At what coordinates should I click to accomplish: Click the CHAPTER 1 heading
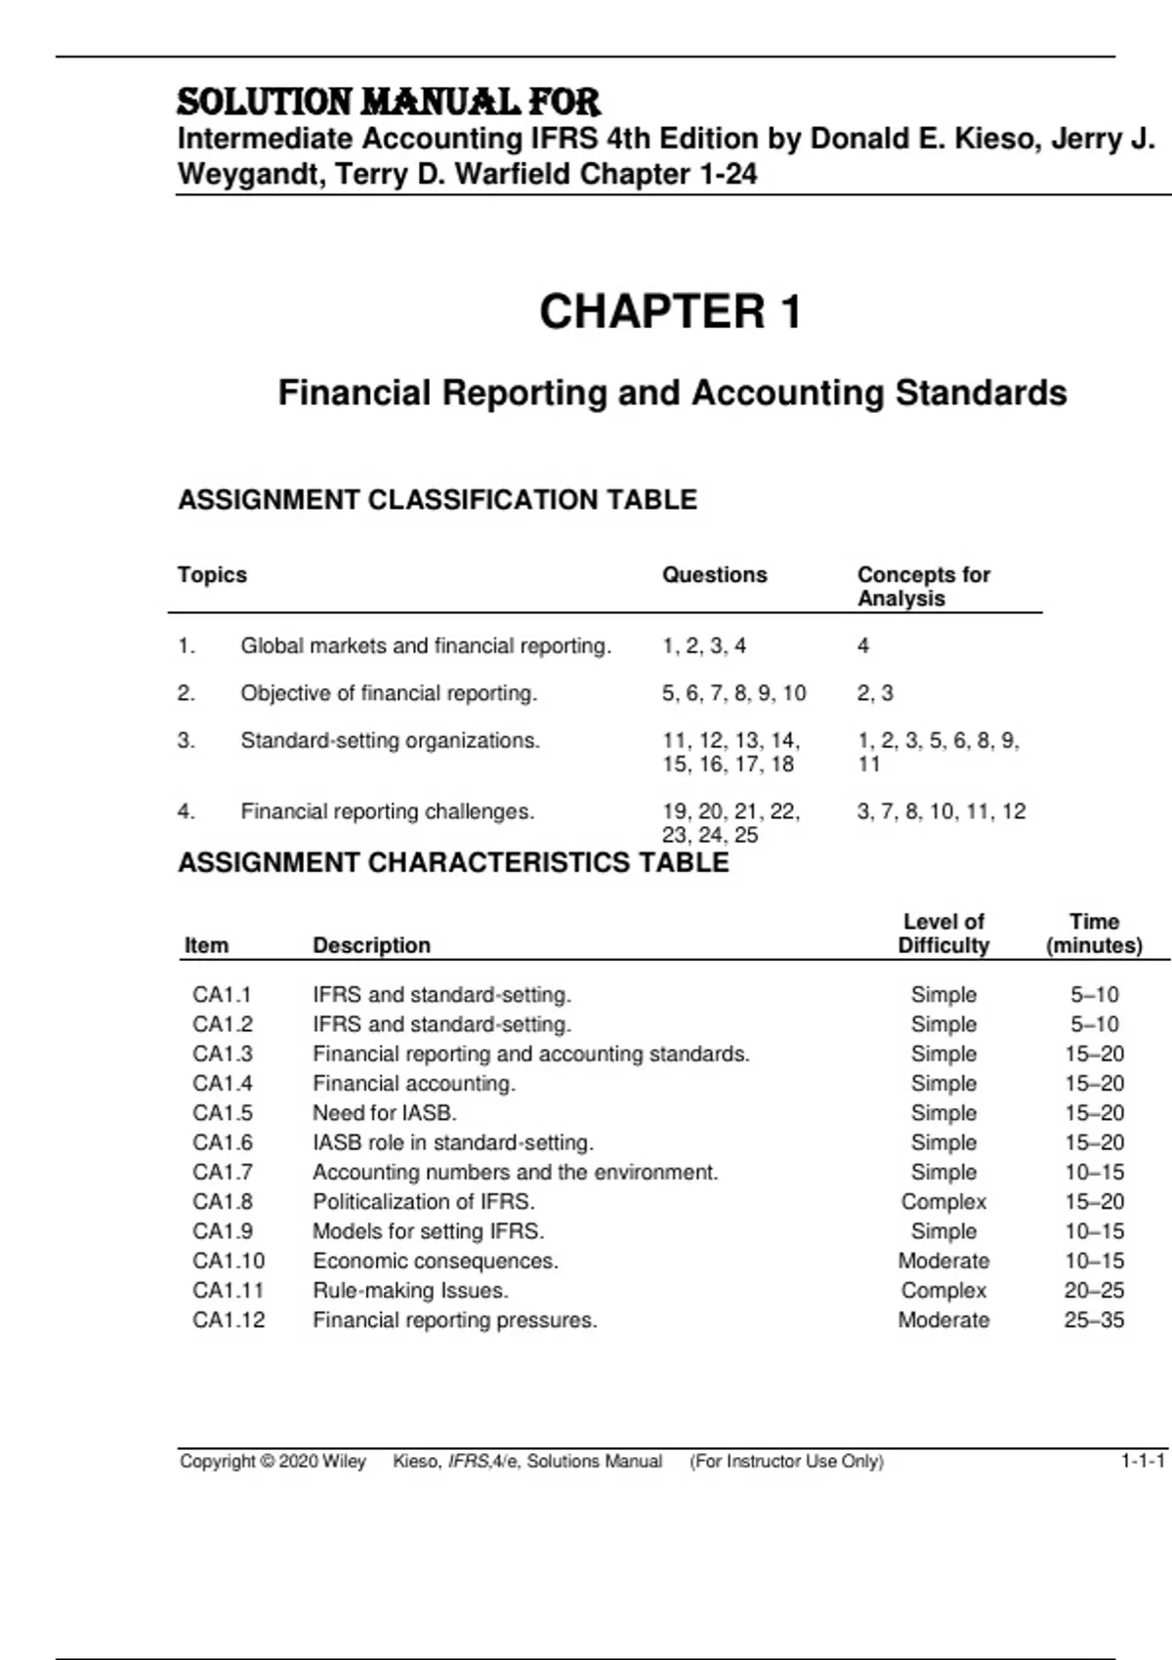670,312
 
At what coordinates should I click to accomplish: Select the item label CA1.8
223,1202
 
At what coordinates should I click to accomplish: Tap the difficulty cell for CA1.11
943,1291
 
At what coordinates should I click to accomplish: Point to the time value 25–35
1094,1320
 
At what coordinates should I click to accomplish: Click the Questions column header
714,575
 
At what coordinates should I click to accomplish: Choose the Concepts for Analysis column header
923,587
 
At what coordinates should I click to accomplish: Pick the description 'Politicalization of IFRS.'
424,1202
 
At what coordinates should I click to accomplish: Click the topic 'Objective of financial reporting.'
389,693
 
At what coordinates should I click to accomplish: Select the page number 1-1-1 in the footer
1142,1462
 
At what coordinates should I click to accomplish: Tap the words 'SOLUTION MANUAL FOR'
389,103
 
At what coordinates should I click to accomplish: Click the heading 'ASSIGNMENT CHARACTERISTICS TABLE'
453,863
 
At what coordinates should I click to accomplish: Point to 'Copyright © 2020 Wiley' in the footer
272,1462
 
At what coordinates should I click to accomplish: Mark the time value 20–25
1094,1291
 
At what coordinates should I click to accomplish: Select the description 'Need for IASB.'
385,1113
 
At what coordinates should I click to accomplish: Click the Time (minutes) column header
1094,934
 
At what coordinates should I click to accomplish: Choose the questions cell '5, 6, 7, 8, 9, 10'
733,693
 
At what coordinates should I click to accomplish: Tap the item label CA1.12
229,1320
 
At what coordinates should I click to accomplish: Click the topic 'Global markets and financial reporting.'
426,646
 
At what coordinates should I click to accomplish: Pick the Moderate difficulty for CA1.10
943,1262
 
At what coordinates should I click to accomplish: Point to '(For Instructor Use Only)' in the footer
786,1462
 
